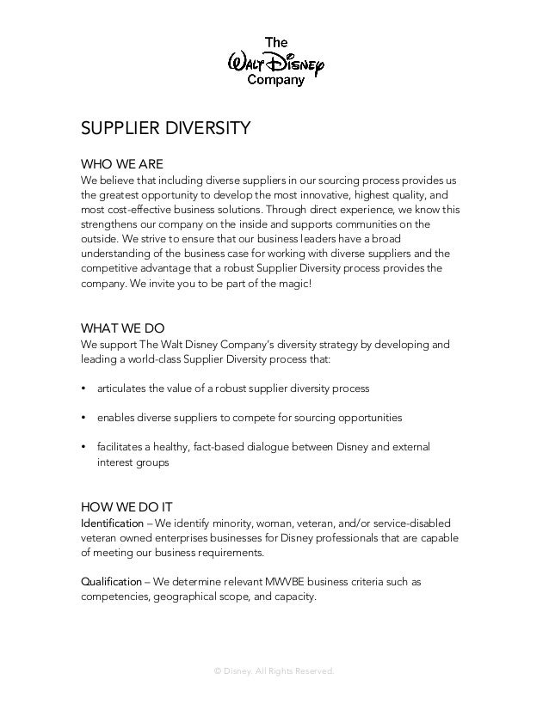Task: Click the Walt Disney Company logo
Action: [274, 60]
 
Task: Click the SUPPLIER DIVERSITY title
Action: [165, 129]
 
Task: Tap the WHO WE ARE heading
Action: [121, 164]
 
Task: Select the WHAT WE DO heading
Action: [122, 327]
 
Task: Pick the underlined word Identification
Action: [112, 523]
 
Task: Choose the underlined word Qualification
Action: [111, 582]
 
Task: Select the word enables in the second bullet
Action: [117, 418]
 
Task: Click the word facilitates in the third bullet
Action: [122, 447]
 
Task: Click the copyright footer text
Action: [274, 670]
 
